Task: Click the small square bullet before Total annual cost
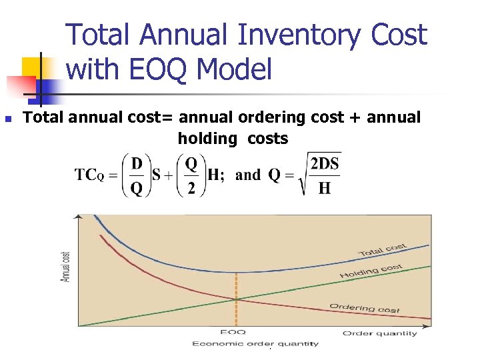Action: coord(9,119)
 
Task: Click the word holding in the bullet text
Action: coord(207,139)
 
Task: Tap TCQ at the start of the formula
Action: coord(89,175)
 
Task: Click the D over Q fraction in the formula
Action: coord(135,175)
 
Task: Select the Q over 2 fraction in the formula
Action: coord(191,175)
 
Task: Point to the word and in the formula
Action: coord(248,175)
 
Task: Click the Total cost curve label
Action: coord(383,251)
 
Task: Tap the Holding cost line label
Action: coord(371,271)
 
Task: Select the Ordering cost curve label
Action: coord(364,308)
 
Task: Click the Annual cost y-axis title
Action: coord(66,267)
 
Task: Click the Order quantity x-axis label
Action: coord(380,333)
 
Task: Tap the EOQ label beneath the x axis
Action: coord(233,333)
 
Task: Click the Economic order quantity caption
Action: coord(255,344)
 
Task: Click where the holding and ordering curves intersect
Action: coord(235,299)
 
